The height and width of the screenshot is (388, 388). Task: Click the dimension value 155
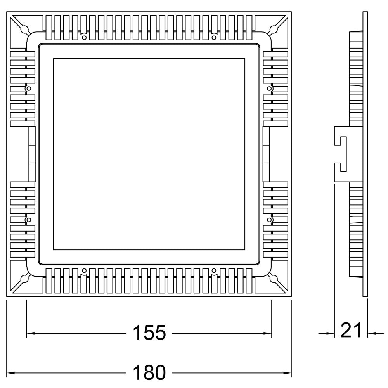click(x=149, y=333)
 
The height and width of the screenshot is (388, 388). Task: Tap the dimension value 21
click(x=351, y=331)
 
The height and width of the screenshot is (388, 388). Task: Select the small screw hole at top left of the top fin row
click(x=84, y=37)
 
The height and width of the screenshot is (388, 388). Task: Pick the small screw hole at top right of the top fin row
click(x=214, y=37)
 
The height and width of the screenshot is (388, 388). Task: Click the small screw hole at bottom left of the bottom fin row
click(x=84, y=270)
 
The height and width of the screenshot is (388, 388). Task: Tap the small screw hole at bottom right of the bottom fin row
click(x=214, y=270)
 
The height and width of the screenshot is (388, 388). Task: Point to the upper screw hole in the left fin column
click(x=28, y=89)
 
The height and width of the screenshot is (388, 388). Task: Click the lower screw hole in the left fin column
click(x=28, y=220)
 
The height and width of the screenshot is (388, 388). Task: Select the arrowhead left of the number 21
click(x=331, y=333)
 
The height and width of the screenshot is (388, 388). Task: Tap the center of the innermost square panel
click(x=149, y=154)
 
